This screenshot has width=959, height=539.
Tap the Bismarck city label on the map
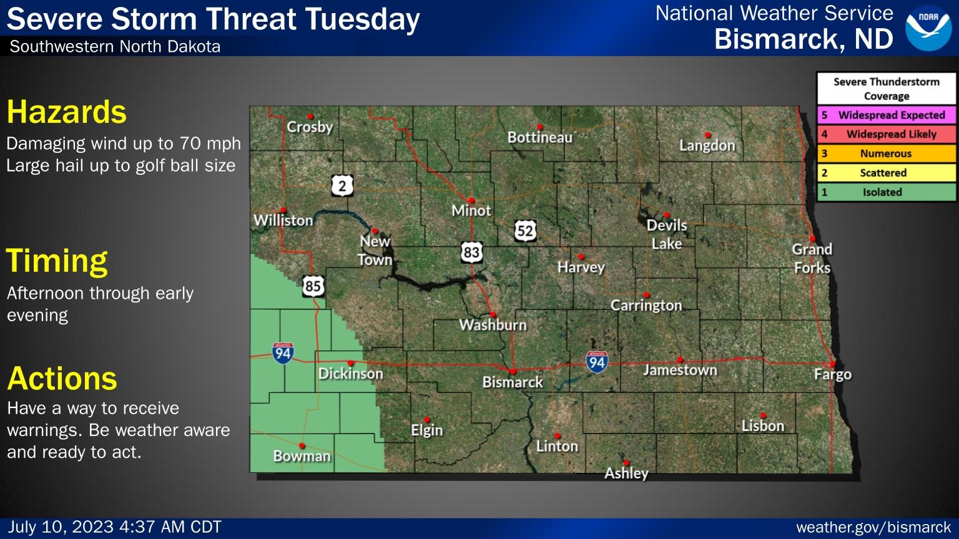tap(513, 382)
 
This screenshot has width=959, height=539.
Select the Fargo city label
tap(832, 374)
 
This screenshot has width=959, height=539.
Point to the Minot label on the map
tap(471, 211)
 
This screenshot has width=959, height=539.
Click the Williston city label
tap(283, 220)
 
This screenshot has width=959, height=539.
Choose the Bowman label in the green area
tap(302, 456)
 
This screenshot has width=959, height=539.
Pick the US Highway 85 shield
tap(313, 286)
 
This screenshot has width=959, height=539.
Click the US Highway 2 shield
tap(342, 185)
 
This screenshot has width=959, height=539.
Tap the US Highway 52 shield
tap(525, 231)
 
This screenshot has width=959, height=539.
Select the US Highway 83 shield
tap(471, 252)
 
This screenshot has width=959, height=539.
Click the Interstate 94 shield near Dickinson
tap(283, 352)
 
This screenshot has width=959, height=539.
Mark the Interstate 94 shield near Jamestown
tap(597, 361)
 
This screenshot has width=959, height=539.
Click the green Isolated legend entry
tap(886, 192)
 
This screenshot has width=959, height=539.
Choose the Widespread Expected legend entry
tap(886, 115)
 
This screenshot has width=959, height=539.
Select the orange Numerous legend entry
tap(886, 153)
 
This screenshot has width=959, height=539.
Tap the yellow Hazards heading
tap(67, 112)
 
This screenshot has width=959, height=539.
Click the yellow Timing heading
tap(57, 261)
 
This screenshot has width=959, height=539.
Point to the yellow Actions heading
tap(62, 379)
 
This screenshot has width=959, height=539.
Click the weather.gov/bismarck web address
tap(873, 528)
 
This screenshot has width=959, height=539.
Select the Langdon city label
tap(707, 145)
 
